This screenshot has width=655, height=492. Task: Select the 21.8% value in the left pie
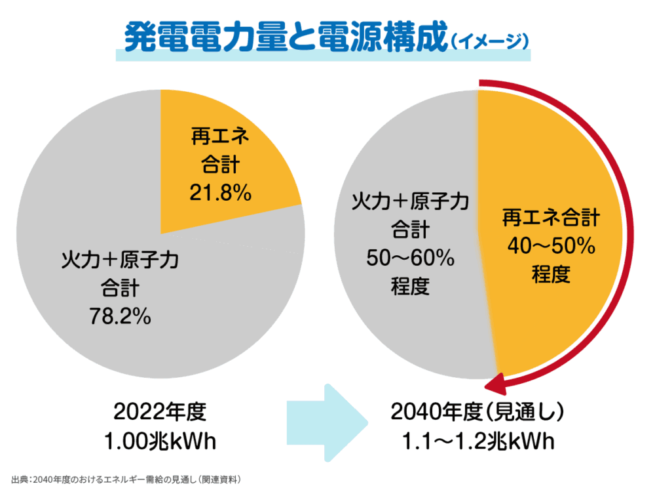(221, 194)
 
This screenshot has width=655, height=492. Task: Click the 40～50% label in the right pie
(551, 246)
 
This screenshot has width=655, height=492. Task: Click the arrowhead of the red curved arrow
(500, 382)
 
